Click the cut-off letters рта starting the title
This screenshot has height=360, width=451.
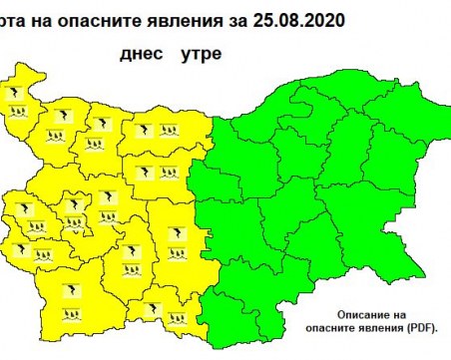(18, 13)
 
